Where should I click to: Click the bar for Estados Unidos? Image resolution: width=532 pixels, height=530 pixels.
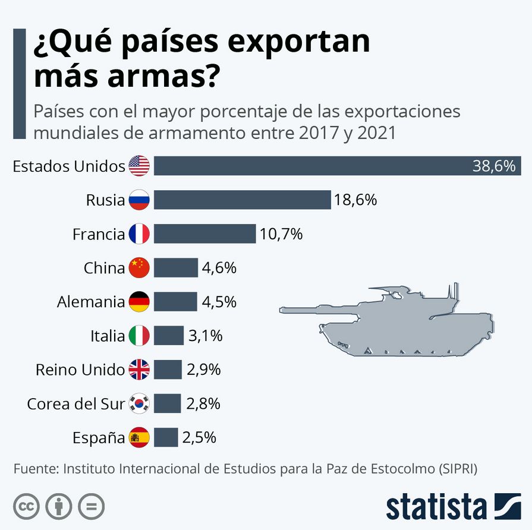[309, 166]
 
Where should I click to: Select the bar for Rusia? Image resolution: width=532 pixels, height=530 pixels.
[242, 200]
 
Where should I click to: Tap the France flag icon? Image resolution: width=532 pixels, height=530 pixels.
[139, 234]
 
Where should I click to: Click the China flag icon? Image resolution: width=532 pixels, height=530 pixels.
[139, 268]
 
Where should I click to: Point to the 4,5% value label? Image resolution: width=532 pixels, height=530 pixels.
[219, 302]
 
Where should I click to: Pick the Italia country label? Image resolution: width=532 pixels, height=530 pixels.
[108, 336]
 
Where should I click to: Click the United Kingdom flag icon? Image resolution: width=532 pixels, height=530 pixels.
[139, 370]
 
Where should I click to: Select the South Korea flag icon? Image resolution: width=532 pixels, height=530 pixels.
[139, 404]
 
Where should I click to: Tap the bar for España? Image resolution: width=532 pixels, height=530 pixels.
[166, 438]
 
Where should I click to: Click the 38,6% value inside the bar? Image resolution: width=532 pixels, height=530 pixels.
[493, 166]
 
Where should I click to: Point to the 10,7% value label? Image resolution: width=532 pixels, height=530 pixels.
[281, 234]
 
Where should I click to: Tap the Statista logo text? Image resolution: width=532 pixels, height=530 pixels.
[436, 506]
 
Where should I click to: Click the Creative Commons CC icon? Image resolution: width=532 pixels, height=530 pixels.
[26, 506]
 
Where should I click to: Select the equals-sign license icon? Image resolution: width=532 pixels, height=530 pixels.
[91, 506]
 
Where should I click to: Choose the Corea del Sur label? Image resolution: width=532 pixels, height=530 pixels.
[76, 404]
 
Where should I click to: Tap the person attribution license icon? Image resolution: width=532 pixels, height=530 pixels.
[58, 506]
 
